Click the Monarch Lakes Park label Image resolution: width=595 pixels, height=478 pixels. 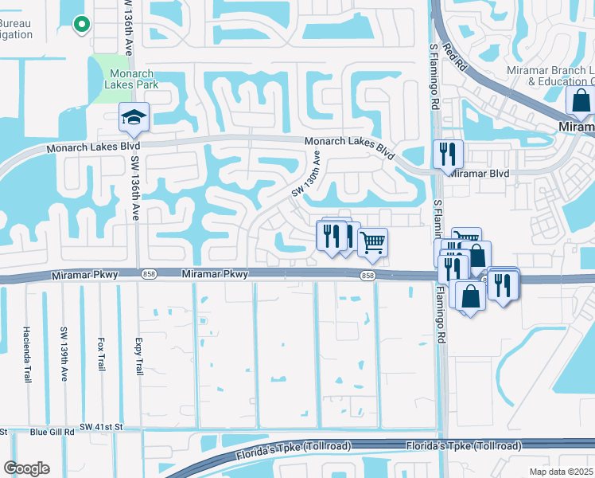[131, 78]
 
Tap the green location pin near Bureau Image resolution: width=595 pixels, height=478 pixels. [80, 25]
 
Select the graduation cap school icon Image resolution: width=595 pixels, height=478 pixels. [134, 117]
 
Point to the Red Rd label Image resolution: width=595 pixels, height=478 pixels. [453, 56]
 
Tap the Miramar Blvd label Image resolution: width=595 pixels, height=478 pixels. [480, 172]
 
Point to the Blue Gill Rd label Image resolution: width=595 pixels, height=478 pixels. [52, 432]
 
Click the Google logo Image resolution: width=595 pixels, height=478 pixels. [26, 468]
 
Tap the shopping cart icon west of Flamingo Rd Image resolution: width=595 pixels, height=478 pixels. [372, 242]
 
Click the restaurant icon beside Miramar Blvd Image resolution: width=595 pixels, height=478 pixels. [448, 153]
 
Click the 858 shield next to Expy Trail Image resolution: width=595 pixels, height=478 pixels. [150, 274]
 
